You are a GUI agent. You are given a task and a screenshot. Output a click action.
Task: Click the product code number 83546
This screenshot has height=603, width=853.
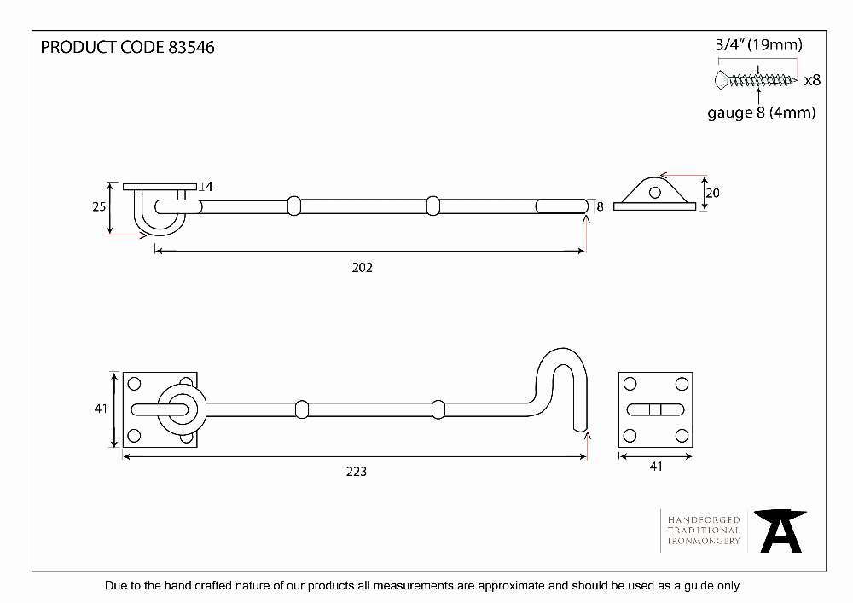[191, 47]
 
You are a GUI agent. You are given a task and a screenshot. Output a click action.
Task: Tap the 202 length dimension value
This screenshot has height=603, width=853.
[363, 268]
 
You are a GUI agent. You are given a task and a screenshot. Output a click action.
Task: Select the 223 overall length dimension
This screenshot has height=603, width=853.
[357, 472]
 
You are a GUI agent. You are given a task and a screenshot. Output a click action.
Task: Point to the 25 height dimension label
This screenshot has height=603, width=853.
[99, 206]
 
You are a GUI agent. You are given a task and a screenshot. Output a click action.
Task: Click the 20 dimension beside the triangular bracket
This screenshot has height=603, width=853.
[712, 193]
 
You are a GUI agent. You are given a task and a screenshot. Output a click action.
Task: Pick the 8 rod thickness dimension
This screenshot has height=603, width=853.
[600, 206]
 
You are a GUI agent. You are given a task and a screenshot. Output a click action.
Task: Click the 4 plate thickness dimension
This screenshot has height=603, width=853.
[209, 187]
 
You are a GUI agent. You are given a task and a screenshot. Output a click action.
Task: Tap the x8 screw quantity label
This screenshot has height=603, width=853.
[812, 80]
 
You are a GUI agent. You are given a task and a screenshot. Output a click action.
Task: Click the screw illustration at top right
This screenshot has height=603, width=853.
[756, 80]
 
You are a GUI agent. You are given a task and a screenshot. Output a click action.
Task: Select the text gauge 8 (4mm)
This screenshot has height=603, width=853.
[761, 113]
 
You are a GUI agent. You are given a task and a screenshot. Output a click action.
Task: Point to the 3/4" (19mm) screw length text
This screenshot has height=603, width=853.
[758, 44]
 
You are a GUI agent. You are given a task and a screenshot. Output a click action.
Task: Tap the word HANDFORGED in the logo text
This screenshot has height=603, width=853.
[704, 519]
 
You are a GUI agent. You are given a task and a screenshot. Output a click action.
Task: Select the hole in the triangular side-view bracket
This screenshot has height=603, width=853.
[655, 193]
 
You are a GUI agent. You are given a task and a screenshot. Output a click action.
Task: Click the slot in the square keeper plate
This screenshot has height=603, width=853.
[655, 409]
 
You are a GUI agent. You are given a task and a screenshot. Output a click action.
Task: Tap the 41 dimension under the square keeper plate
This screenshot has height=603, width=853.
[656, 467]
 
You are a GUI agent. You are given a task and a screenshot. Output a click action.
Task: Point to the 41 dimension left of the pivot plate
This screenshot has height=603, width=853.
[101, 409]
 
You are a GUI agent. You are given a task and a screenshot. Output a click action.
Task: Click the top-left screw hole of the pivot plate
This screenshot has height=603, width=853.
[134, 384]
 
